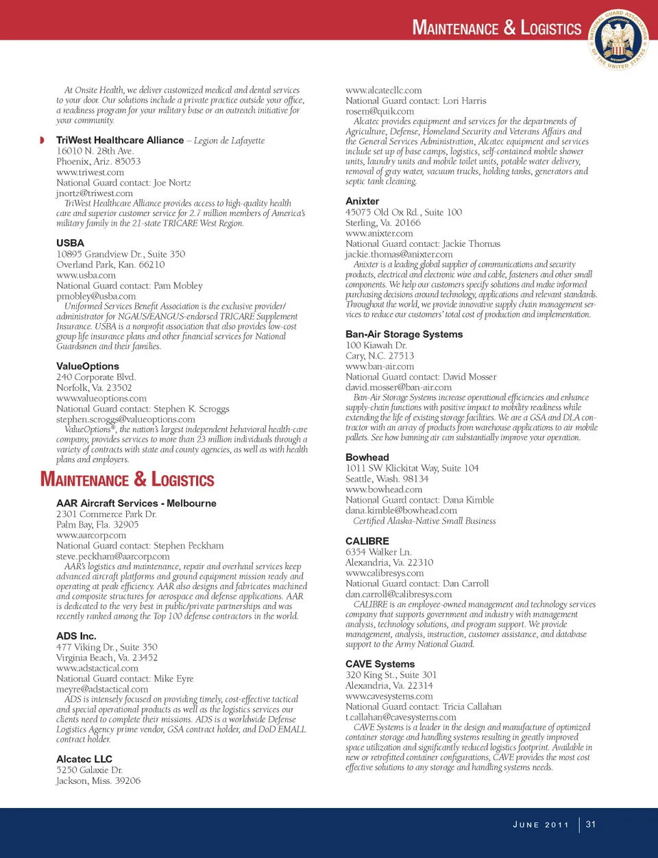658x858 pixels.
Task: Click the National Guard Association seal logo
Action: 619,39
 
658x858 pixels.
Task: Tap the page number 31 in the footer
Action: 591,824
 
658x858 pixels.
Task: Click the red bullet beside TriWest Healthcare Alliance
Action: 42,141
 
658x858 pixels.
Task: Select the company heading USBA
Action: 70,243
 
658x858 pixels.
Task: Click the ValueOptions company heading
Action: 88,366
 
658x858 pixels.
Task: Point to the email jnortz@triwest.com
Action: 95,193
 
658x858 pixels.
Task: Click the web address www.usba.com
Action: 86,275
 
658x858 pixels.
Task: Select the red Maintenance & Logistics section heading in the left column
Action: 127,479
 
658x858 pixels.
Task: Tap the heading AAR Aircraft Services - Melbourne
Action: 136,503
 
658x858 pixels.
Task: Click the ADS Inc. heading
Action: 76,636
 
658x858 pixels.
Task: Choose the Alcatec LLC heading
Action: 84,759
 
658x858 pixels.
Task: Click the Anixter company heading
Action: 362,201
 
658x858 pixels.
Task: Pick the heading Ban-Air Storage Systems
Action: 404,334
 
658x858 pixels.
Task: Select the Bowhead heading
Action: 367,457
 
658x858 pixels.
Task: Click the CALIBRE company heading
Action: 367,540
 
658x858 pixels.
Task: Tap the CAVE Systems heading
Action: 380,664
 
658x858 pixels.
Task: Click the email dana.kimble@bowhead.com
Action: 401,510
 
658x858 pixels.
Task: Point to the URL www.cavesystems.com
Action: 389,696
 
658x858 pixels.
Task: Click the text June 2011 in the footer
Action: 541,824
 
